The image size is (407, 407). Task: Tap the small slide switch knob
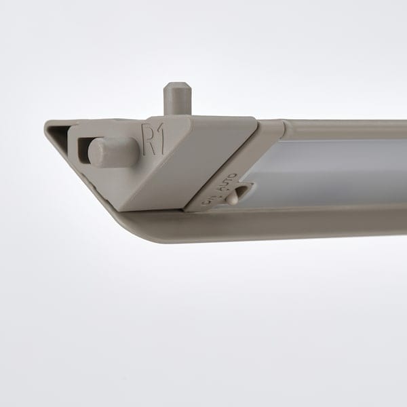(233, 197)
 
